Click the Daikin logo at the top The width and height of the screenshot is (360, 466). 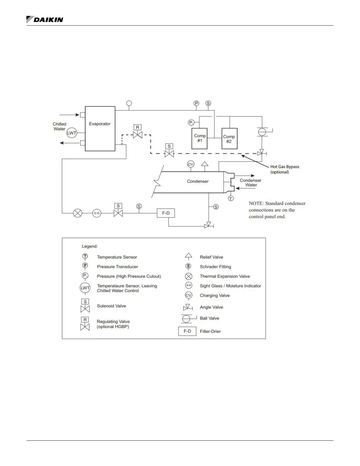tap(45, 20)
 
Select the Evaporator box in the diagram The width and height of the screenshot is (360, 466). tap(100, 129)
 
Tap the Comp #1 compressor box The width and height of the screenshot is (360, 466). tap(199, 138)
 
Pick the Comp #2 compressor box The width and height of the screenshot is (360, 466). tap(229, 139)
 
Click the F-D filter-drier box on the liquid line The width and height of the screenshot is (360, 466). tap(166, 213)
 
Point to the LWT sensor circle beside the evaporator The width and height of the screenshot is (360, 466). tap(71, 133)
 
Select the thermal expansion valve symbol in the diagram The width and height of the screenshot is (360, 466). tap(78, 213)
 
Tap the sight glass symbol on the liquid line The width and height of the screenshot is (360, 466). tap(97, 213)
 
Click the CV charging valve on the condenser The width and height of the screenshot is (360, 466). tap(191, 164)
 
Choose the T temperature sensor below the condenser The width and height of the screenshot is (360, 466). tap(231, 199)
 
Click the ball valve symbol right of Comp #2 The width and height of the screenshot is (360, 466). tap(262, 132)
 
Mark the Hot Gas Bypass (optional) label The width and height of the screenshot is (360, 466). tap(284, 169)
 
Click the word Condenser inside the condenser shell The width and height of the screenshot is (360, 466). tap(198, 181)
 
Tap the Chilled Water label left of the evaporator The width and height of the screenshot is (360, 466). tap(59, 127)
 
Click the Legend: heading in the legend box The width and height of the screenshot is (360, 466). tap(90, 246)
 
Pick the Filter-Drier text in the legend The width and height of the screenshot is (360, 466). tap(210, 331)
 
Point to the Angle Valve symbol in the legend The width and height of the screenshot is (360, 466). tap(188, 307)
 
